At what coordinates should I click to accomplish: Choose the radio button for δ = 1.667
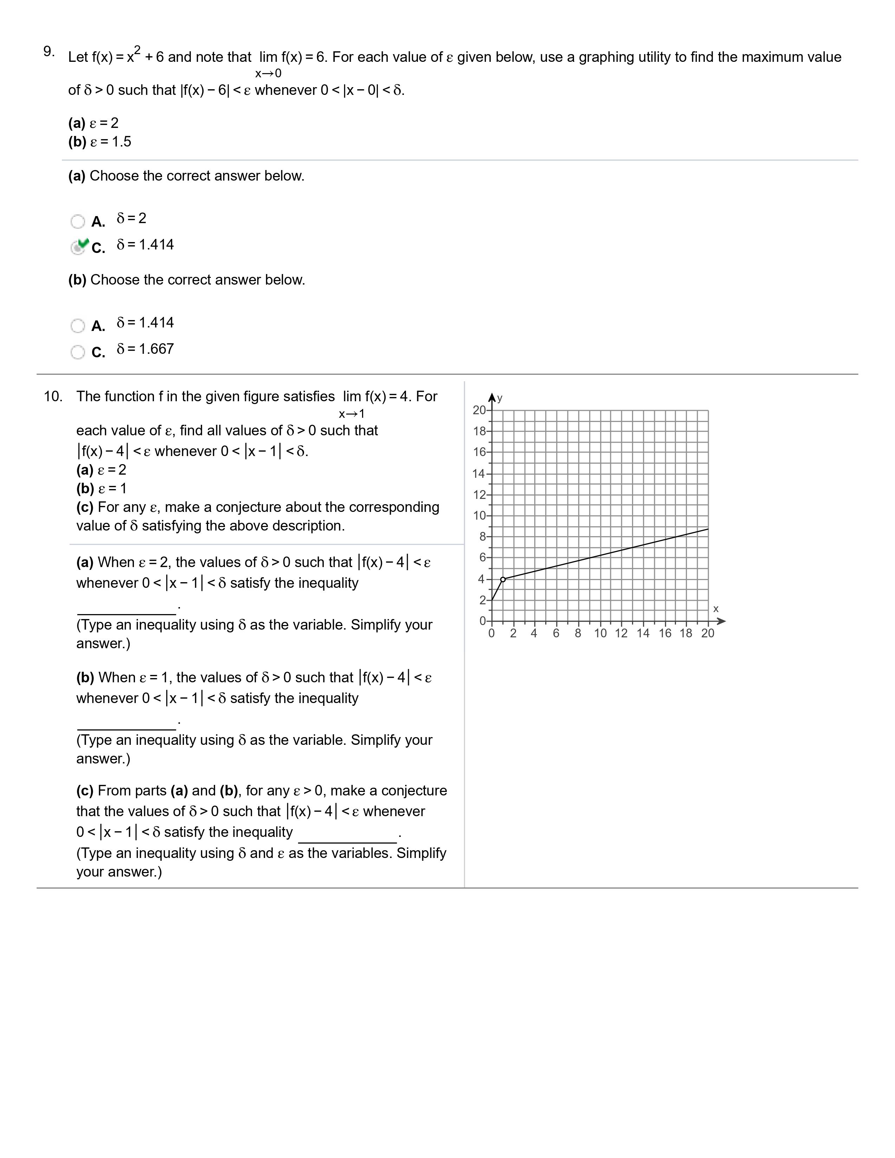point(77,352)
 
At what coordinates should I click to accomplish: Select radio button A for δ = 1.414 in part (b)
point(77,326)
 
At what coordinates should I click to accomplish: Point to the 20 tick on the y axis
point(479,410)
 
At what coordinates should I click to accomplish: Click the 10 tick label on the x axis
point(600,633)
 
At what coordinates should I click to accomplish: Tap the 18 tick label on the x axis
point(685,633)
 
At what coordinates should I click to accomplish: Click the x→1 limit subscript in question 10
point(352,414)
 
